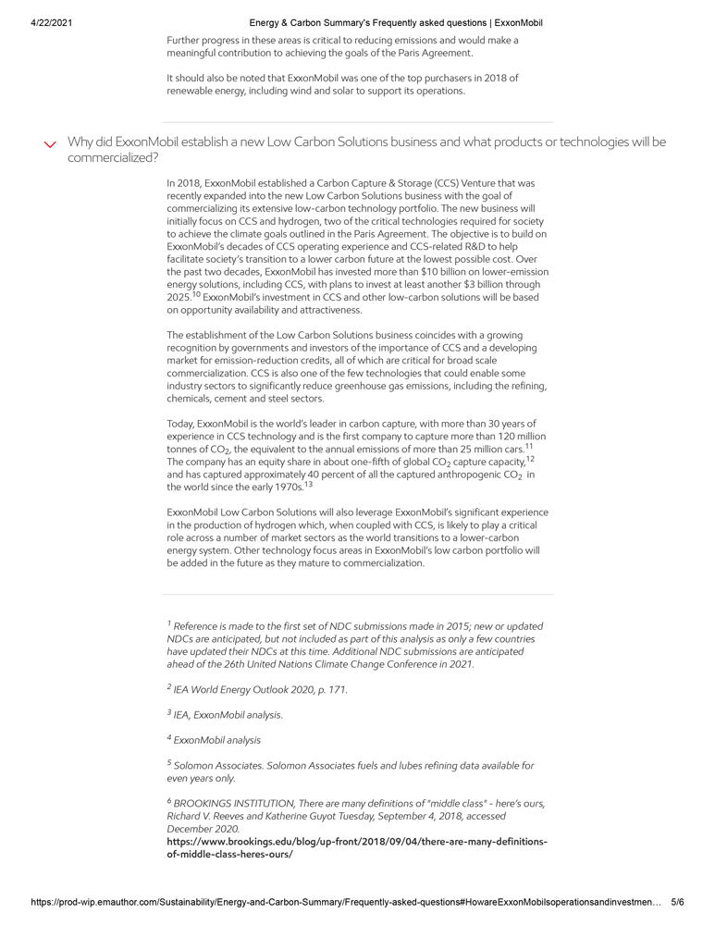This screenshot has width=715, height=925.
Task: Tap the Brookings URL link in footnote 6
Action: coord(357,847)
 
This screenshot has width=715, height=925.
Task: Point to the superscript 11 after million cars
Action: coord(528,446)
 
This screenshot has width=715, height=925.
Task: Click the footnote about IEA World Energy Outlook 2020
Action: coord(260,689)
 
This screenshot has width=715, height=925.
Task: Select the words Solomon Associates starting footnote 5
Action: coord(215,766)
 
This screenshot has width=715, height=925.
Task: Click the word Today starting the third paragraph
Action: coord(179,423)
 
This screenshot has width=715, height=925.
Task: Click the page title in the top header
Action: coord(395,22)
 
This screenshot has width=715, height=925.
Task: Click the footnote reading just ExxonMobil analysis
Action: coord(216,740)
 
